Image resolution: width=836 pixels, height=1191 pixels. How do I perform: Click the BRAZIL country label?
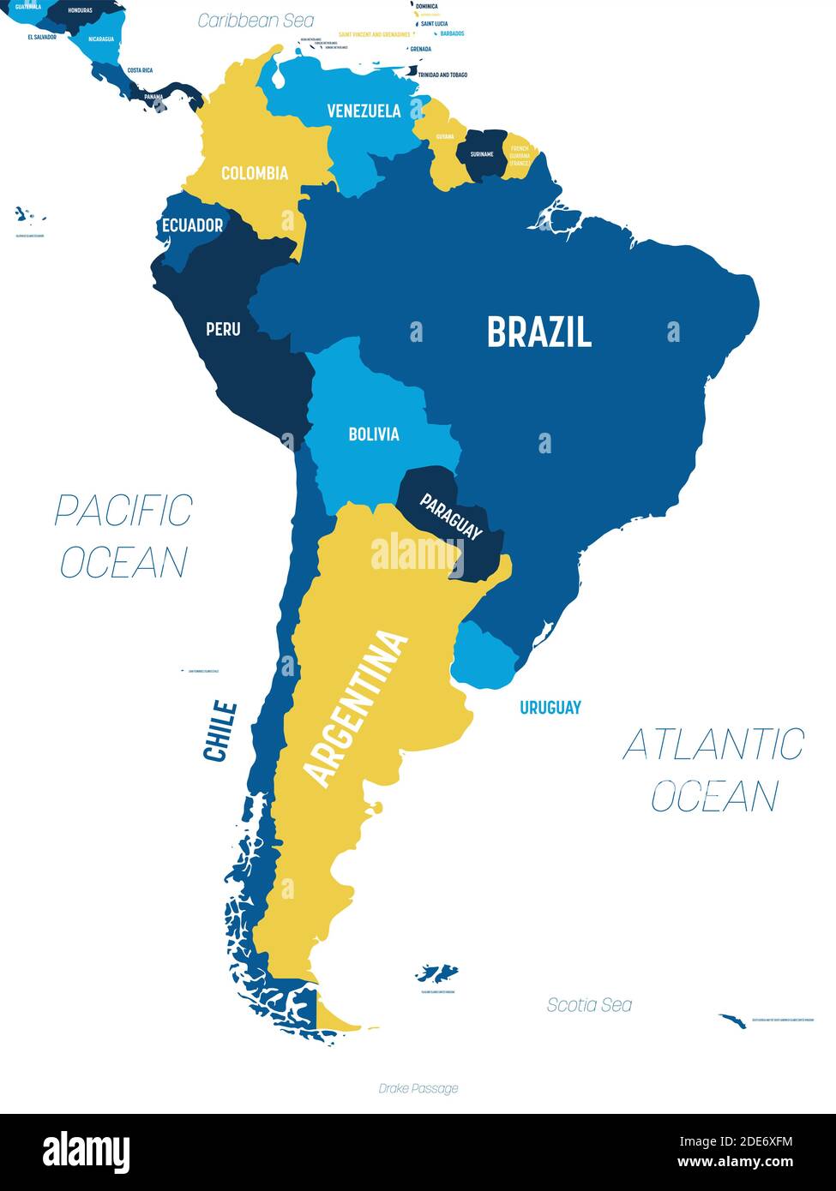pos(538,332)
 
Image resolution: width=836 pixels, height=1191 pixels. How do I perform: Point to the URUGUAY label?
pos(550,707)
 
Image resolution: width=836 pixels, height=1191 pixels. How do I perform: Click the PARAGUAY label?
pos(450,517)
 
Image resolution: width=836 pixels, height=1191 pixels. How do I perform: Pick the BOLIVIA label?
pos(373,434)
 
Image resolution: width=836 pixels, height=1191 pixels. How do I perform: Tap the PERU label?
pos(223,328)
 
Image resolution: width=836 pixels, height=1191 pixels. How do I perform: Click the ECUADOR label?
pos(192,225)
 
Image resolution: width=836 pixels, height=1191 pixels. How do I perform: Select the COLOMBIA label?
pos(255,173)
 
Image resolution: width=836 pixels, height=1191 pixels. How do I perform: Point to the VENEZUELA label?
pos(364,111)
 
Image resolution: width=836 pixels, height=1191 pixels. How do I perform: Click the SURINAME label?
pos(481,154)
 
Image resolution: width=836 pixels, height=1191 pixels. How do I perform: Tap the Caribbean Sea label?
pos(256,21)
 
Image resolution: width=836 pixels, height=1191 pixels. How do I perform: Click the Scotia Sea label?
pos(589,1005)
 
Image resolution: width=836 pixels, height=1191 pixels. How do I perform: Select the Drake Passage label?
pos(418,1088)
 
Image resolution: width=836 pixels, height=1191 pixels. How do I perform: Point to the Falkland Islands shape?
pos(437,973)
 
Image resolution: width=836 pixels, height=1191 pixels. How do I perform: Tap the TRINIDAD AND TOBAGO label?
pos(442,75)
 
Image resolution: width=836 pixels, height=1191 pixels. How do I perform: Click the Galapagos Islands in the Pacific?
pos(28,213)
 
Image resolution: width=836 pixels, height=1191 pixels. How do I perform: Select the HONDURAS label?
pos(79,10)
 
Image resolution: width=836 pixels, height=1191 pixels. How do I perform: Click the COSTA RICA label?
pos(140,70)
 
